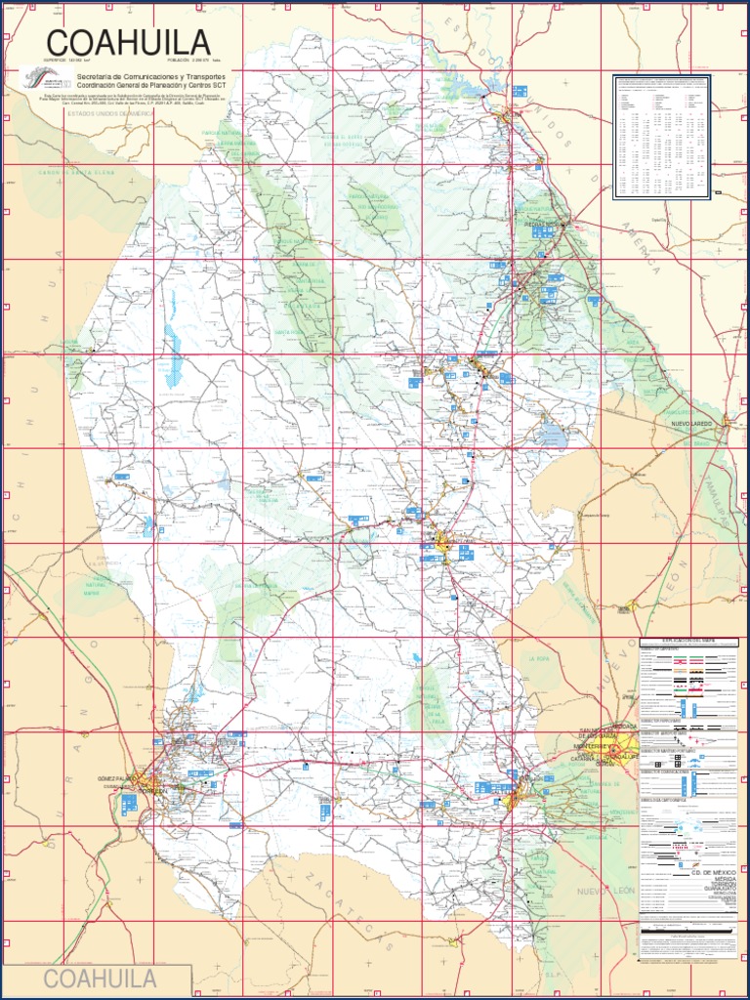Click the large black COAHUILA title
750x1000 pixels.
click(128, 43)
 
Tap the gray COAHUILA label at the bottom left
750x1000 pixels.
click(101, 979)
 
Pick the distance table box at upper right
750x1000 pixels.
click(661, 136)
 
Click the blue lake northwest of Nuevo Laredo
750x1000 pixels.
click(552, 434)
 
